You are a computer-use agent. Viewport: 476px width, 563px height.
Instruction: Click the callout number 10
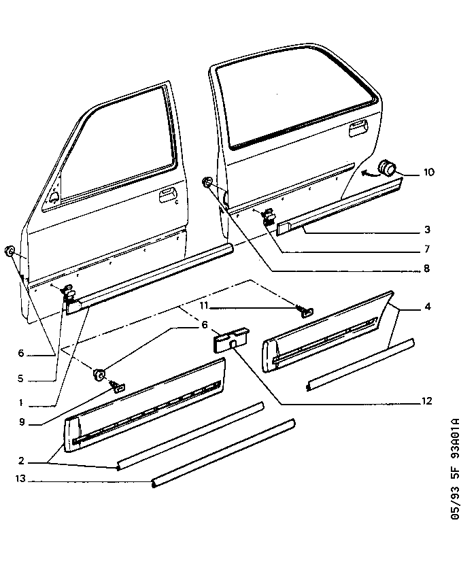(429, 173)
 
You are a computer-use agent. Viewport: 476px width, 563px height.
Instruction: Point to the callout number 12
(427, 402)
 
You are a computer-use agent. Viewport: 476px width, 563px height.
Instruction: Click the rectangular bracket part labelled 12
(229, 339)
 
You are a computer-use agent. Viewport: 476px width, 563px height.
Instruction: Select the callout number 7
(427, 250)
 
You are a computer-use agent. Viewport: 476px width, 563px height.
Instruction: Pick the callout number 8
(427, 269)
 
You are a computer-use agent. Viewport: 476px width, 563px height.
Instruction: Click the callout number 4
(427, 307)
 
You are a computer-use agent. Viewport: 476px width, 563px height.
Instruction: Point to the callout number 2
(23, 460)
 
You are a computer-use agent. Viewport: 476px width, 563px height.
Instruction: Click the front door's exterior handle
(165, 197)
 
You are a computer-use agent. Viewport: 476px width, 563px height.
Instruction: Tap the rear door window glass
(299, 102)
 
